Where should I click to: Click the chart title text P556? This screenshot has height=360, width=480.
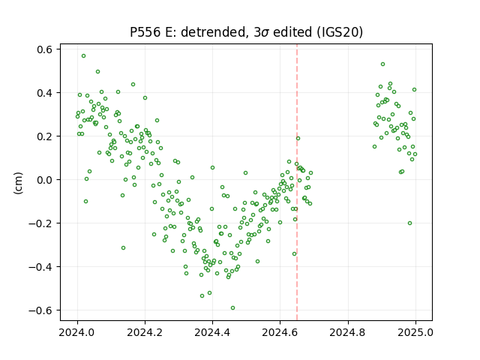tap(145, 32)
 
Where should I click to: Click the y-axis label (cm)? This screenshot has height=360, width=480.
tap(18, 183)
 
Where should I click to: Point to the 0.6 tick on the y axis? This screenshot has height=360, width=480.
tap(45, 49)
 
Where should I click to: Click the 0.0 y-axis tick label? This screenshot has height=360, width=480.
tap(45, 180)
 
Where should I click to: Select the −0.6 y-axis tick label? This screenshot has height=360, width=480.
tap(41, 310)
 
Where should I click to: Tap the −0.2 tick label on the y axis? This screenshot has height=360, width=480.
tap(41, 223)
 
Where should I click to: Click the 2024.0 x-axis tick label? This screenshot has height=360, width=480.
tap(77, 332)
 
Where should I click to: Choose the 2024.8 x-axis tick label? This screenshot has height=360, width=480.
tap(348, 332)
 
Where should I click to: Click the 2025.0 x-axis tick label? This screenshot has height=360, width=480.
tap(415, 332)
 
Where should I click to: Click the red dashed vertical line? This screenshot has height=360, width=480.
tap(297, 182)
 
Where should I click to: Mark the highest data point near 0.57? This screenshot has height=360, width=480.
tap(83, 56)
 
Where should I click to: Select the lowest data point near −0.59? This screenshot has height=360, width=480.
tap(232, 308)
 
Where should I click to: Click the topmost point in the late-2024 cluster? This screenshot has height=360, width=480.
tap(382, 64)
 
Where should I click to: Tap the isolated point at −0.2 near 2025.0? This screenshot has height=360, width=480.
tap(410, 223)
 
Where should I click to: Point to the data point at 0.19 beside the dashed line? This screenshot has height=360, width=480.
tap(298, 138)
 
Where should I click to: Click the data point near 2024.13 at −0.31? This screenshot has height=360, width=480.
tap(123, 248)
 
